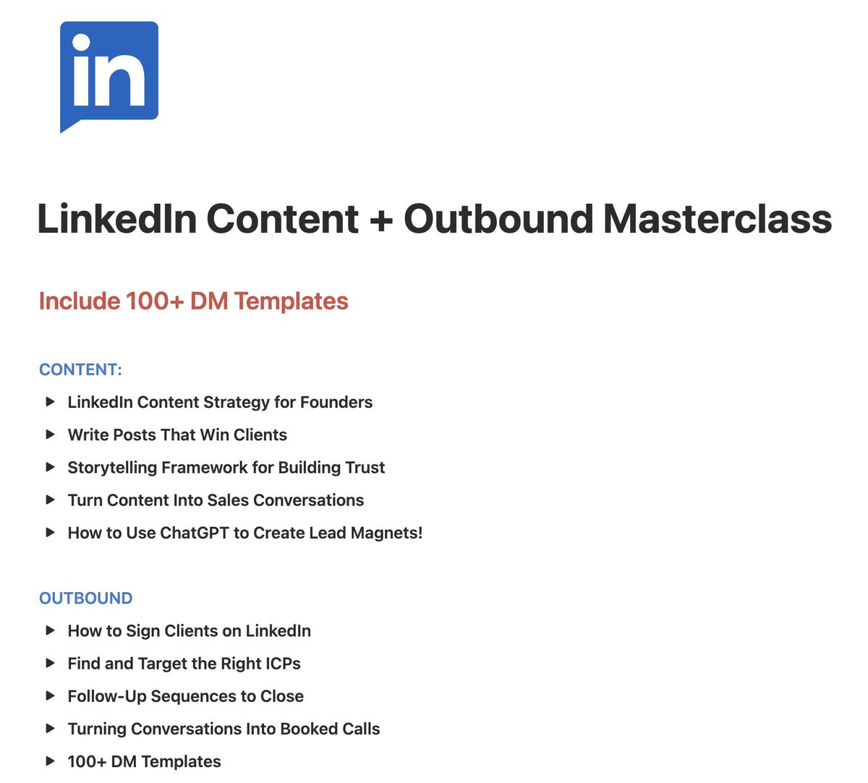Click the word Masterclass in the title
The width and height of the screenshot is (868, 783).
(717, 218)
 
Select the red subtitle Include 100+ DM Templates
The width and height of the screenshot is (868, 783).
(193, 301)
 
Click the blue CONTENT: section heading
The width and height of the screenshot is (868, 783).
(80, 369)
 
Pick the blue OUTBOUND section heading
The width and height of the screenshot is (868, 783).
(85, 598)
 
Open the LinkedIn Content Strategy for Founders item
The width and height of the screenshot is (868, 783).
(220, 402)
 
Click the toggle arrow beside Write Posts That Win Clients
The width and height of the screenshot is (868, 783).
(50, 435)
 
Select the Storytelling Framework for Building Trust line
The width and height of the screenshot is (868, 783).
(226, 467)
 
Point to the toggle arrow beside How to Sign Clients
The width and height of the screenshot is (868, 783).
(50, 630)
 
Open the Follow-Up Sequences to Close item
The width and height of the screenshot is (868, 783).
(185, 696)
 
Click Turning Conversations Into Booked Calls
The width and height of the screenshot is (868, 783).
(224, 729)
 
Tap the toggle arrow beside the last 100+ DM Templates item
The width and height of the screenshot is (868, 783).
(50, 761)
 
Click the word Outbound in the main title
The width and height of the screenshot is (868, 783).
(498, 218)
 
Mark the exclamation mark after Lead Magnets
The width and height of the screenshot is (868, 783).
(420, 533)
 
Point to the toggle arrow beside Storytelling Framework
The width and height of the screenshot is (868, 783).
(50, 467)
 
